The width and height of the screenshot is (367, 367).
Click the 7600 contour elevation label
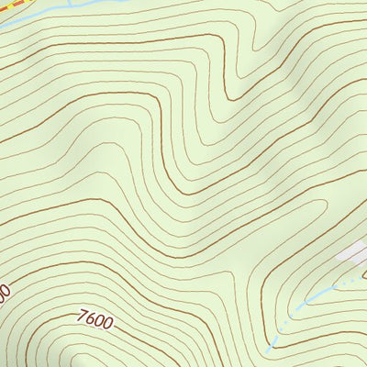tap(95, 321)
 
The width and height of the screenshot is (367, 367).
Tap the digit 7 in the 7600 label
tap(83, 317)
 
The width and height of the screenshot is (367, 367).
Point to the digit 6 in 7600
tap(91, 320)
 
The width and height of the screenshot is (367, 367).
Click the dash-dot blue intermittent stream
tap(303, 303)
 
